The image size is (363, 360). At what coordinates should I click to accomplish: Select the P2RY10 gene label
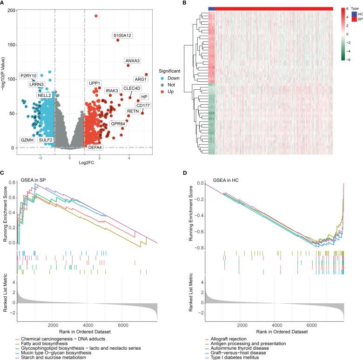coord(28,75)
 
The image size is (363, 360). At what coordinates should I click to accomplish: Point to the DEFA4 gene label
coord(96,147)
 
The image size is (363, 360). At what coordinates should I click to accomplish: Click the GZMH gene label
coord(27,140)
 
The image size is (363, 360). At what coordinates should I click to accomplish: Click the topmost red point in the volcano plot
coord(96,16)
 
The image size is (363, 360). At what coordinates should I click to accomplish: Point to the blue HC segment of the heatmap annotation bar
coord(212,9)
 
